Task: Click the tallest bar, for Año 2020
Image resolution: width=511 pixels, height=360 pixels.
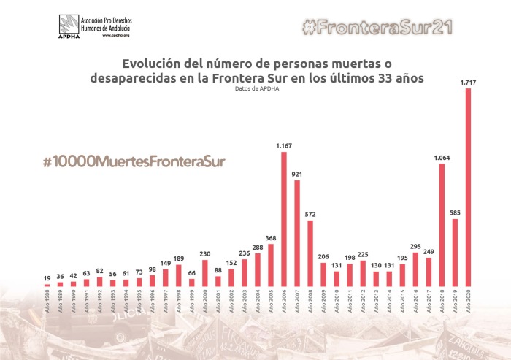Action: tap(468, 186)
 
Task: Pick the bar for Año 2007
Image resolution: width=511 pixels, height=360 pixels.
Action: tap(297, 232)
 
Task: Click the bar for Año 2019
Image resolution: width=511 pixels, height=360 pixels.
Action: tap(455, 252)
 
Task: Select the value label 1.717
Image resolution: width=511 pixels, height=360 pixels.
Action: tap(468, 83)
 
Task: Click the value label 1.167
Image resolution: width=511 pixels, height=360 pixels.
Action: tap(284, 146)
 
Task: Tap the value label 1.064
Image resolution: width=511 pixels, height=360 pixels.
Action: tap(442, 158)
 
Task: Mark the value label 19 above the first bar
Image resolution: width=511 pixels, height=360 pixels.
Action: tap(47, 278)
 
